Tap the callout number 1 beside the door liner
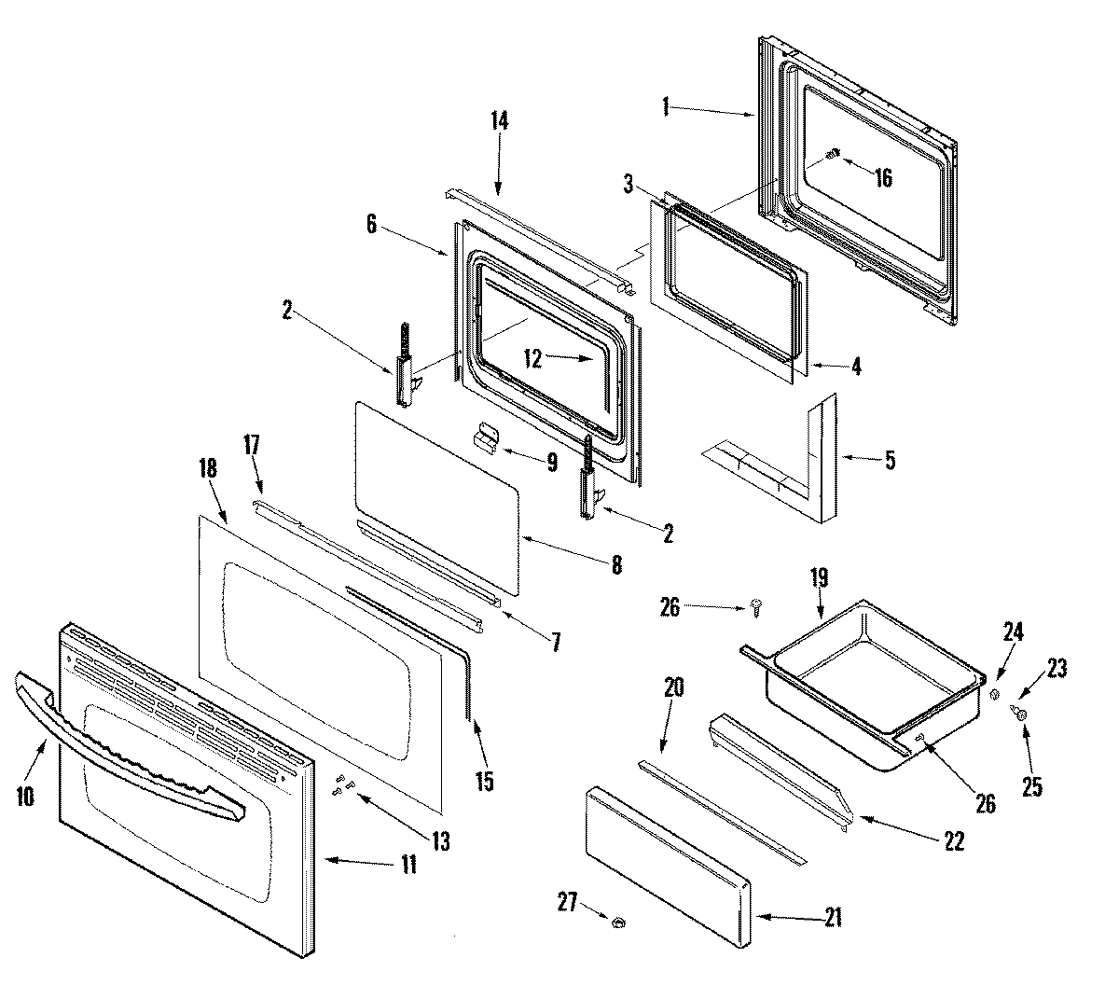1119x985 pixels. (x=667, y=107)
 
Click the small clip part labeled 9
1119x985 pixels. (x=486, y=435)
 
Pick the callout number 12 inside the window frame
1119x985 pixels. (x=532, y=358)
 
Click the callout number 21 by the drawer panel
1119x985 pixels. (x=833, y=918)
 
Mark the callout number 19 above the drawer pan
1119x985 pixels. (x=819, y=576)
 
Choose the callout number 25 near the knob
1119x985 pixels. (x=1031, y=786)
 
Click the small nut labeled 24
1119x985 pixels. (x=994, y=694)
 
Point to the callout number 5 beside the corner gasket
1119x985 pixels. (x=890, y=460)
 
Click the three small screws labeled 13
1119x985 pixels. (x=342, y=785)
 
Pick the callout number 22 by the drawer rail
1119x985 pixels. (x=952, y=839)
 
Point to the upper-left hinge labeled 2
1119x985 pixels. (x=405, y=368)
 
